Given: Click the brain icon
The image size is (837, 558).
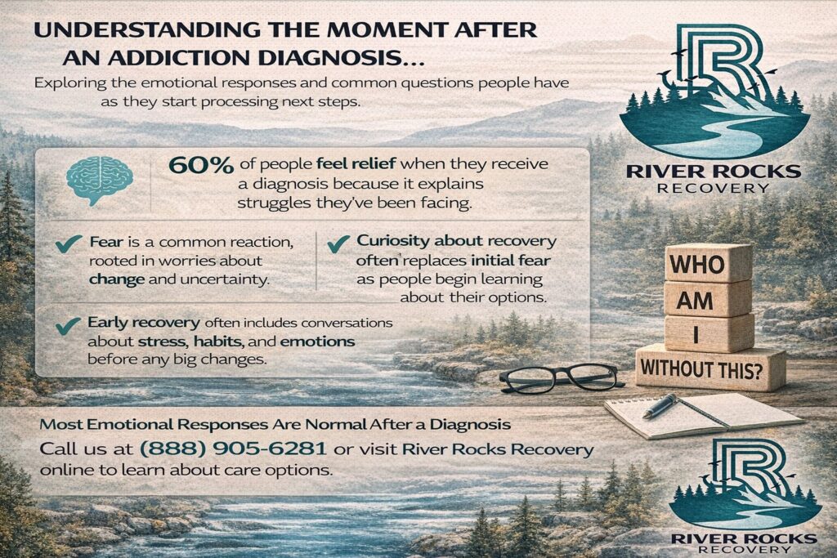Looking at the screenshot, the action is [100, 181].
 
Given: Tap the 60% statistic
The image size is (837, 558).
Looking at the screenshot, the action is [201, 165].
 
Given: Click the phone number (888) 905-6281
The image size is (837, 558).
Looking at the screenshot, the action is [233, 448].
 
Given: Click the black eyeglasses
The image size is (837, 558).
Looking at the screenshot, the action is [562, 378].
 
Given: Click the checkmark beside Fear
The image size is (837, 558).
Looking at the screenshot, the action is [69, 243].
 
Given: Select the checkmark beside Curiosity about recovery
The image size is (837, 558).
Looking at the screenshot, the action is [338, 243].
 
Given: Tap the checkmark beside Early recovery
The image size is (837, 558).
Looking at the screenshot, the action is [68, 325].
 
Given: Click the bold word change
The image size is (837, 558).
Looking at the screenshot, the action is [117, 279].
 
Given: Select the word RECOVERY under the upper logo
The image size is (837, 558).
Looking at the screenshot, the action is [713, 188].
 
